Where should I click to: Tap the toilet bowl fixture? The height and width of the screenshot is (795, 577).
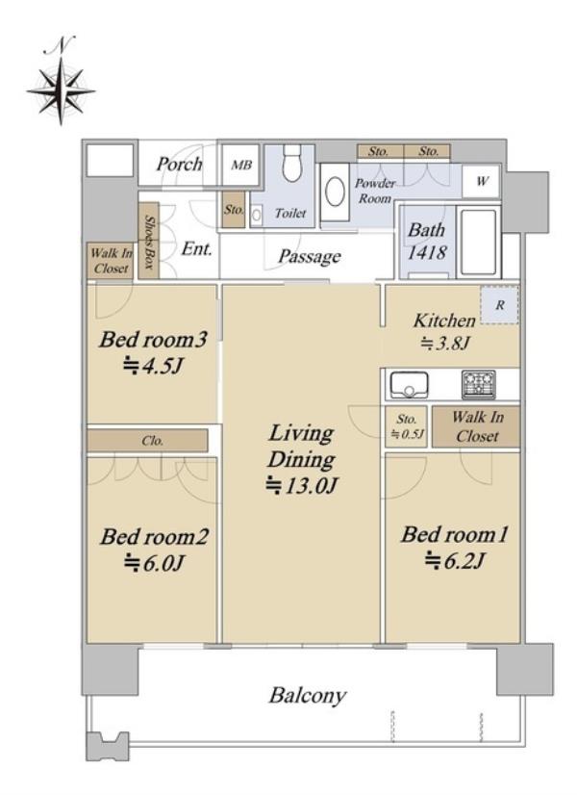coord(291,162)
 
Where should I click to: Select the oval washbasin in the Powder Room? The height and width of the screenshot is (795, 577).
coord(335,192)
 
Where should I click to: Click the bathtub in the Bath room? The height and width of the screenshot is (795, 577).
coord(478,242)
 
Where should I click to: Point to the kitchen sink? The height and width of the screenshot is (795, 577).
coord(409,385)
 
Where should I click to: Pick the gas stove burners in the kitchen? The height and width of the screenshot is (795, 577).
coord(478,384)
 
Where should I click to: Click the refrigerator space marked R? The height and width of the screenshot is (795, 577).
coord(499,305)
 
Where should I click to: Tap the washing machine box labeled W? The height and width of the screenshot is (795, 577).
coord(482,181)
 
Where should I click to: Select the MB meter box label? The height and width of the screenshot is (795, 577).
coord(241,165)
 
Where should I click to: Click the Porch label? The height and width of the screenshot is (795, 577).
coord(179,164)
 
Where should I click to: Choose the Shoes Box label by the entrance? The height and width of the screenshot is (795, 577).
coord(149,242)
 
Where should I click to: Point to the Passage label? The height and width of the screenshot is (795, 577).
coord(309,257)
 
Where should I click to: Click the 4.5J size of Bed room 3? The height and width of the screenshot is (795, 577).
coord(152,366)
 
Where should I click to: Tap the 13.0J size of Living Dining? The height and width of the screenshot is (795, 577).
coord(301,486)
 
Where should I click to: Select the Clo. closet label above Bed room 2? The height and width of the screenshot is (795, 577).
coord(152,441)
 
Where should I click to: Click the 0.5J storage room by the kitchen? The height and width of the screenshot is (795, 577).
coord(406,426)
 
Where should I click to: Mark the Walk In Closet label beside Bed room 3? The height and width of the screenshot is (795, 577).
coord(111,261)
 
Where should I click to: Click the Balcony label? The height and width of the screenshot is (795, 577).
coord(308,695)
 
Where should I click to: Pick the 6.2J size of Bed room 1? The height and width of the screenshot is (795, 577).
coord(455,561)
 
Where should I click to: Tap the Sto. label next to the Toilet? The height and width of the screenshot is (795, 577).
coord(234,209)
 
